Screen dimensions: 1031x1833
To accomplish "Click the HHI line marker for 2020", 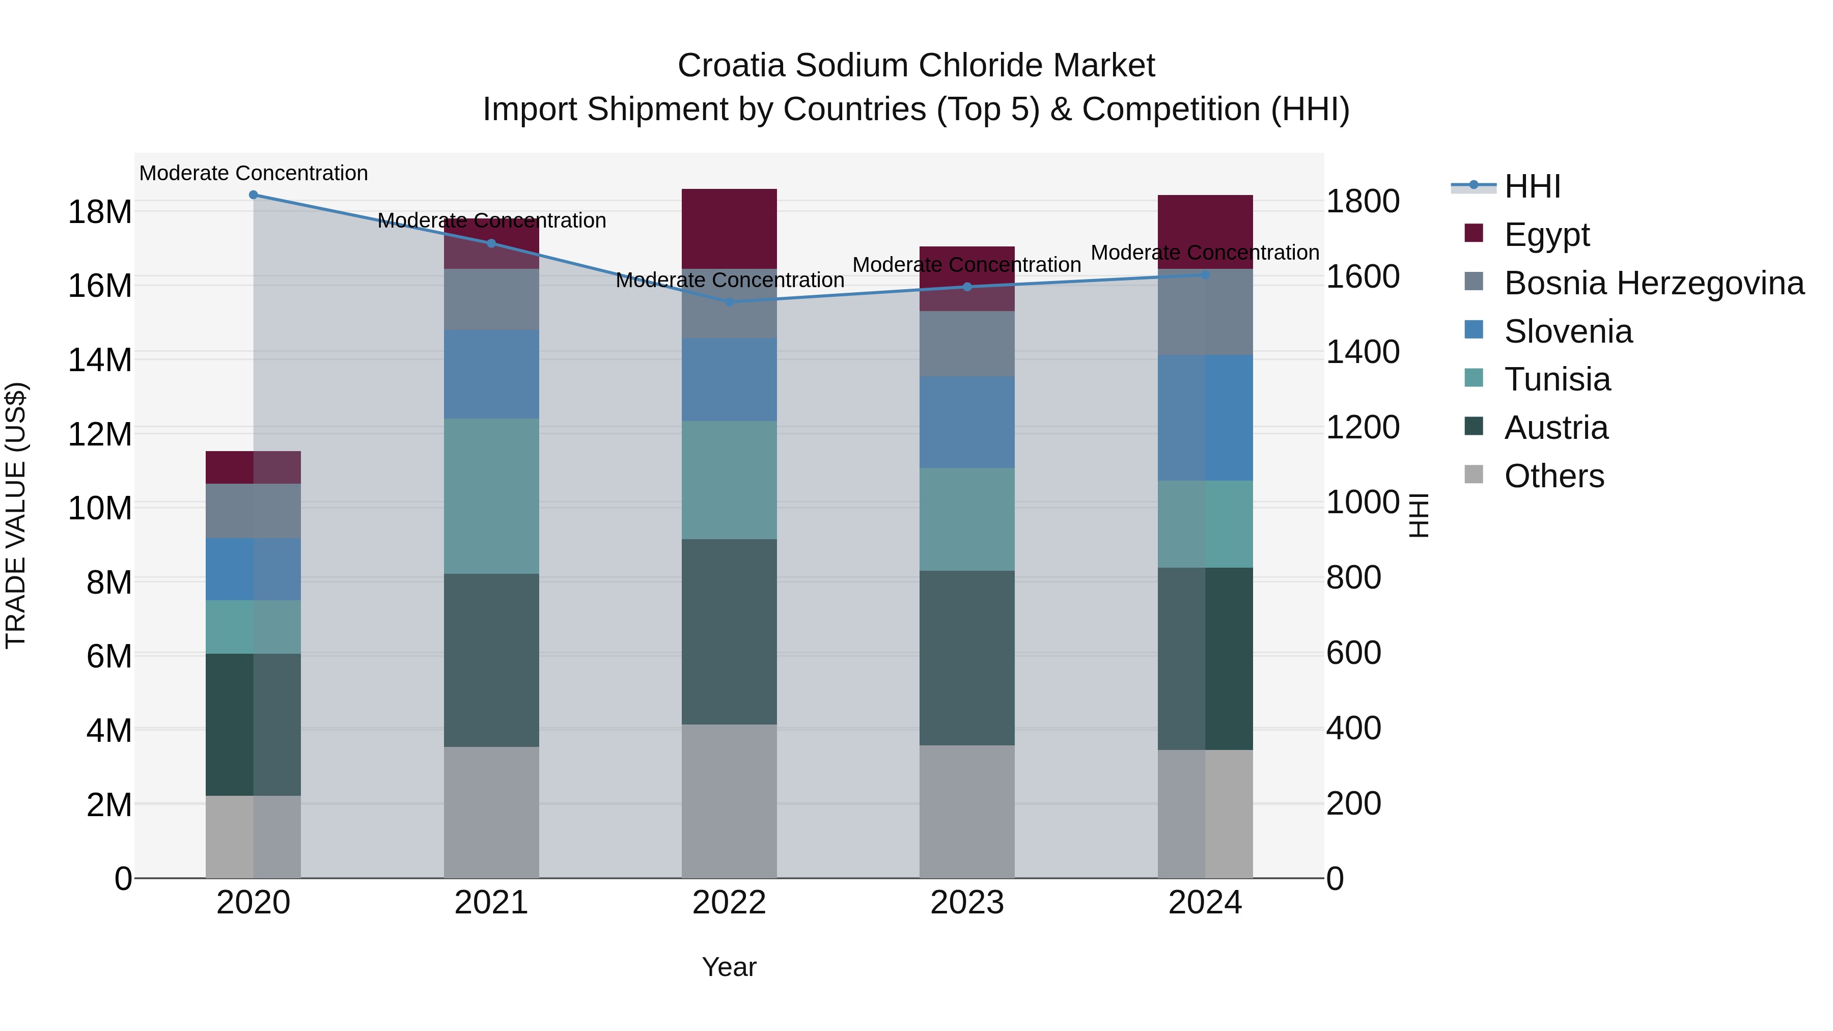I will pyautogui.click(x=254, y=195).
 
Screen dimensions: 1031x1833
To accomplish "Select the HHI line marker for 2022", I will pyautogui.click(x=729, y=302).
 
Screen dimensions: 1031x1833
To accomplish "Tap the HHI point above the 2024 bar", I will pyautogui.click(x=1205, y=274).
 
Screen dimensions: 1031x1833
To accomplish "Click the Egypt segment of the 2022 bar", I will pyautogui.click(x=729, y=229).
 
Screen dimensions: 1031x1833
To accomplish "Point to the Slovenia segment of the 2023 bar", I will pyautogui.click(x=967, y=422).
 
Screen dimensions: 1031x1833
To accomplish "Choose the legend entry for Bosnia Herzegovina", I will pyautogui.click(x=1654, y=283).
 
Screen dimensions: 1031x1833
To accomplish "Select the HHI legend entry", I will pyautogui.click(x=1533, y=186).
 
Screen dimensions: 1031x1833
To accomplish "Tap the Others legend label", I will pyautogui.click(x=1554, y=476).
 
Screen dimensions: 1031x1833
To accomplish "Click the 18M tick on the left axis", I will pyautogui.click(x=100, y=212).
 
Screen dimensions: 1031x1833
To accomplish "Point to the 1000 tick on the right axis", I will pyautogui.click(x=1363, y=503).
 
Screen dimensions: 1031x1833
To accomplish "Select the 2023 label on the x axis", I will pyautogui.click(x=967, y=903).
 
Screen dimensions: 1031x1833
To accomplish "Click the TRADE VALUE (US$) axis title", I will pyautogui.click(x=16, y=515).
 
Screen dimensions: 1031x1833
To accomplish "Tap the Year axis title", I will pyautogui.click(x=729, y=967).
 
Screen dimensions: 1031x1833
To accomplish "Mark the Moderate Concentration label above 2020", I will pyautogui.click(x=254, y=173).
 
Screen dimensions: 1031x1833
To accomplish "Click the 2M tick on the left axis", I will pyautogui.click(x=109, y=805).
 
